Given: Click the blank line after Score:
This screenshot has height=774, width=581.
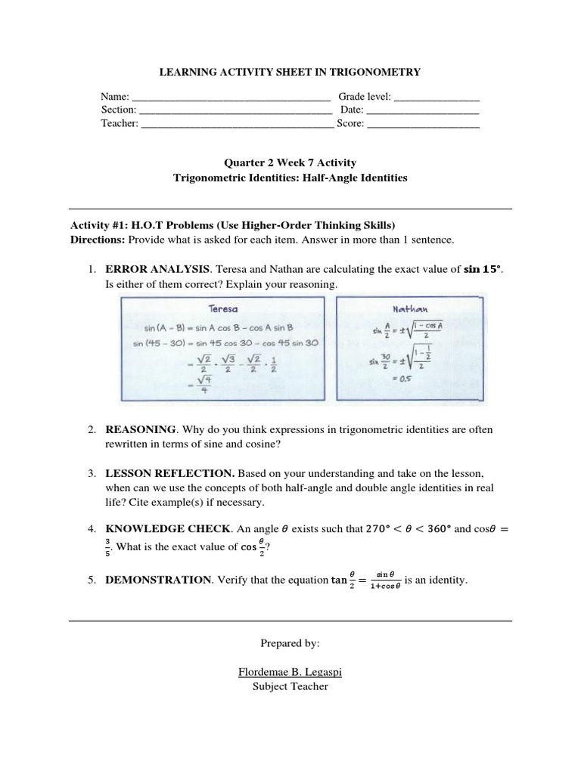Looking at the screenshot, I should point(423,124).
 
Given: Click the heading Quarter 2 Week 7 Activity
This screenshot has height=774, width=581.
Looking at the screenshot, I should point(290,163).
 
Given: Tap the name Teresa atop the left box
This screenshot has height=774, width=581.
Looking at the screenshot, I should point(224,308).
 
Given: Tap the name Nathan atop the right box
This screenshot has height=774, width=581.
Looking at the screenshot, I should point(409,308).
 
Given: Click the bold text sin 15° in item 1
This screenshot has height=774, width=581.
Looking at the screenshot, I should point(482,270).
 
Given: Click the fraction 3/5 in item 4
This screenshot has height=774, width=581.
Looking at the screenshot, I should point(108,544).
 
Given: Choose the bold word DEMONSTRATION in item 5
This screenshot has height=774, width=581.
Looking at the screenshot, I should point(158,580).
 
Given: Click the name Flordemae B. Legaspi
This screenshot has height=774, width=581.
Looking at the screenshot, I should point(290,671).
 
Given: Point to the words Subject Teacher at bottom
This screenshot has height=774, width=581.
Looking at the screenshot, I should point(290,686).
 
